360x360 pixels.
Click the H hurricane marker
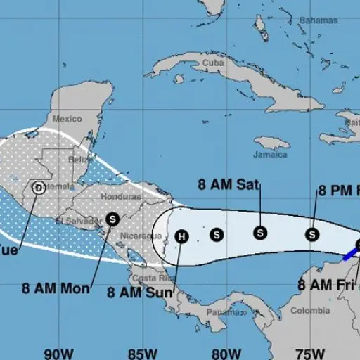(181, 236)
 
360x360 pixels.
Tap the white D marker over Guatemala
(38, 188)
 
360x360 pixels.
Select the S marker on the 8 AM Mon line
(112, 219)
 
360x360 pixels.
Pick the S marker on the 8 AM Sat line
(261, 233)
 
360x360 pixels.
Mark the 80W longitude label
(225, 352)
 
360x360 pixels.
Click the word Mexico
(67, 118)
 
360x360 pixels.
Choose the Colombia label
(310, 310)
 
